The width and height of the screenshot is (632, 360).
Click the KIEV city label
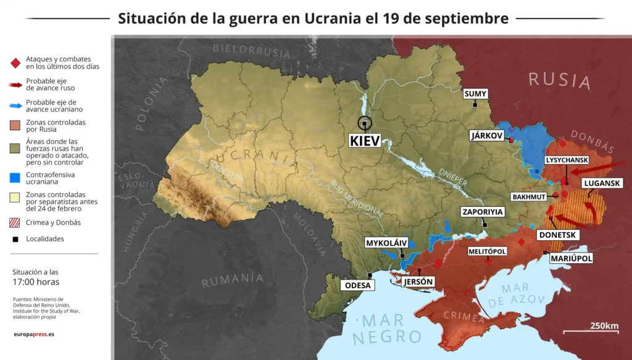tap(365, 140)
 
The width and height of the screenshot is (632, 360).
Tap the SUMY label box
tap(476, 94)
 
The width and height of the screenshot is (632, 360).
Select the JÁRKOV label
tap(487, 135)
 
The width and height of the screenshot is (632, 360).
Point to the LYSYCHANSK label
tap(567, 160)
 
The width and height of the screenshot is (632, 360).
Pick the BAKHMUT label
tap(529, 196)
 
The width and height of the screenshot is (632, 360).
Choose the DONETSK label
tap(557, 235)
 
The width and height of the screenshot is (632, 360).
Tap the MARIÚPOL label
tap(571, 258)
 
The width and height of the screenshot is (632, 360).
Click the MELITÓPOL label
tap(487, 251)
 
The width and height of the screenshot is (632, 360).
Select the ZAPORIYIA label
tap(483, 212)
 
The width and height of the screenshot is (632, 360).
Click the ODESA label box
tap(358, 285)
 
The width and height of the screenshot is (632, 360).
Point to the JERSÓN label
tap(418, 282)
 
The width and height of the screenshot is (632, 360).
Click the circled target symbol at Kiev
tap(365, 124)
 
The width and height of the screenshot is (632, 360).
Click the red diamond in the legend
tap(15, 62)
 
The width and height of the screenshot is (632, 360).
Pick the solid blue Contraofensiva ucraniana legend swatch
tap(15, 178)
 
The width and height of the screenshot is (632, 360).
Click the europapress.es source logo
tap(34, 334)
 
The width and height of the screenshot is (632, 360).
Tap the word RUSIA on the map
tap(559, 80)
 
